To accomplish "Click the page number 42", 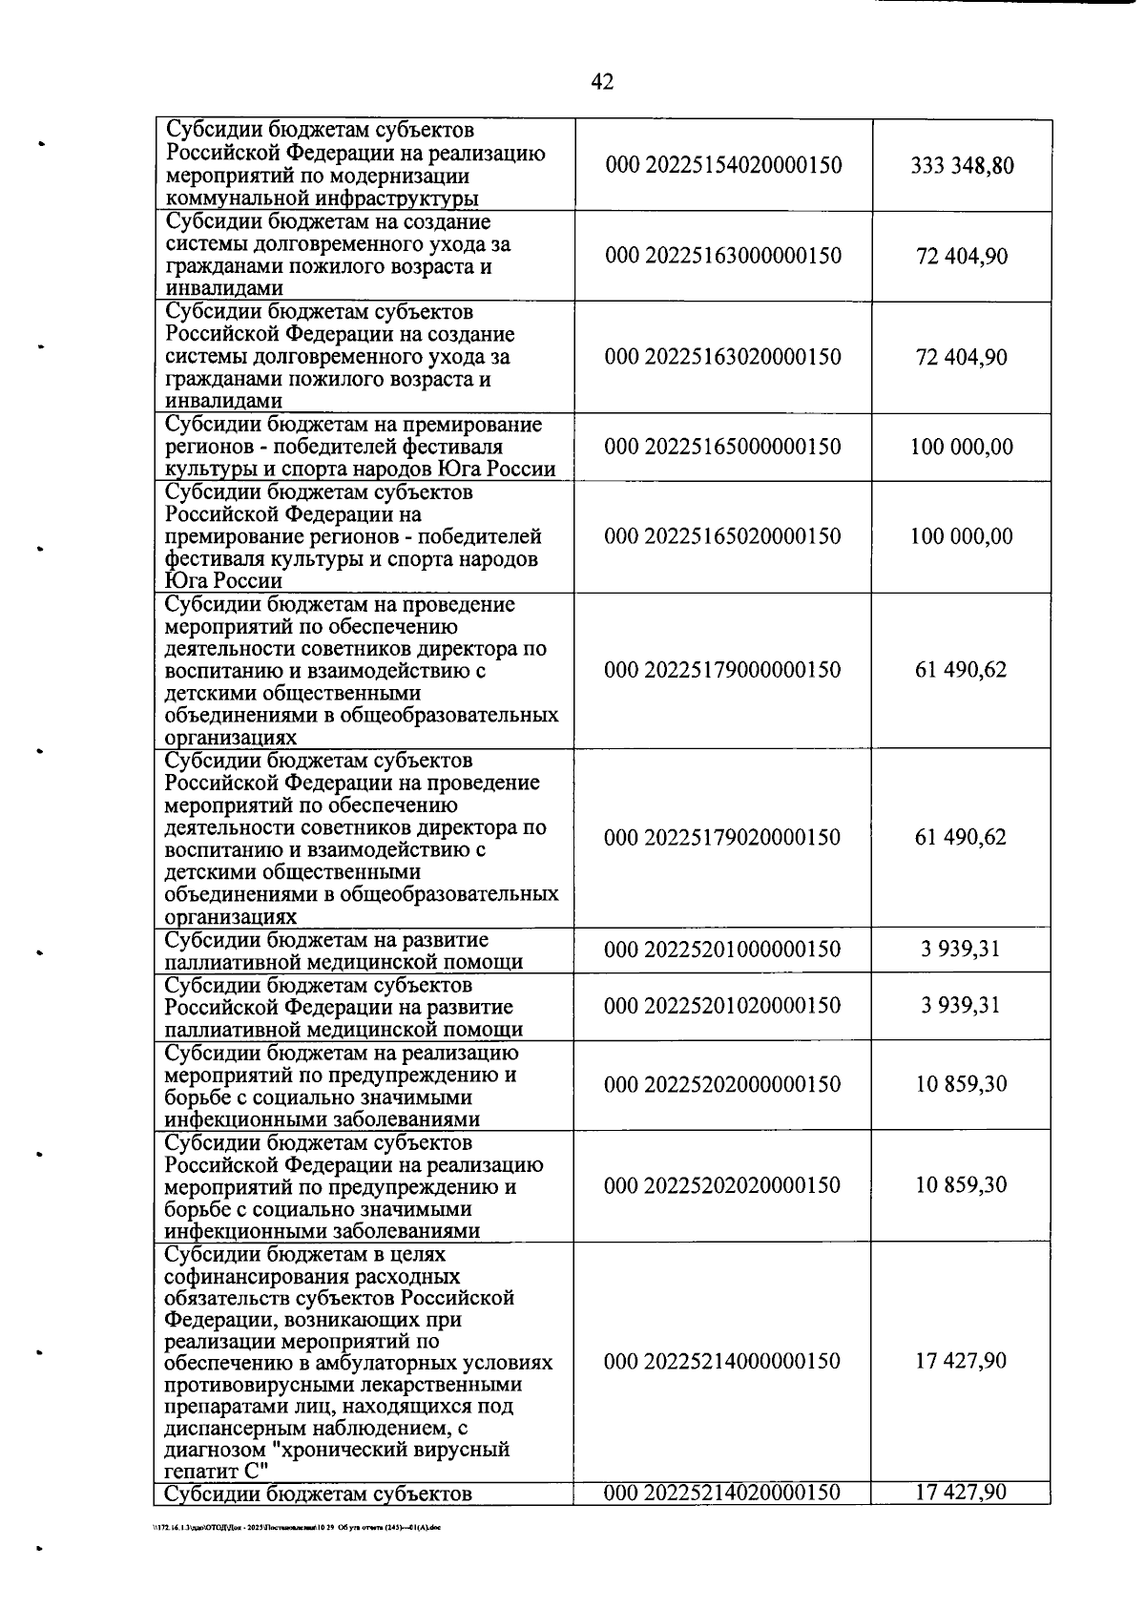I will (602, 82).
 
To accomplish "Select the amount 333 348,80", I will (962, 166).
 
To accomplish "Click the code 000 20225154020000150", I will (723, 166).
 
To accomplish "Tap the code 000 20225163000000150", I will (723, 257).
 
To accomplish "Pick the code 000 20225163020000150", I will (723, 357).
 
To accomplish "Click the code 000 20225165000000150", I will (723, 447).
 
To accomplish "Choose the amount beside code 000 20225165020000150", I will (962, 536).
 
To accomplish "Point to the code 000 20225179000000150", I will (723, 670).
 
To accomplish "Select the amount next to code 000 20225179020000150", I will (962, 838).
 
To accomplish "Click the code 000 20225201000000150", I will (723, 950).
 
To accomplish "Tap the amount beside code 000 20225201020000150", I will (962, 1006).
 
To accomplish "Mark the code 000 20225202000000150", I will (723, 1085).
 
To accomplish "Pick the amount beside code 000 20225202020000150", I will (962, 1185).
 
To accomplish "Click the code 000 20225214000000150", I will (723, 1361).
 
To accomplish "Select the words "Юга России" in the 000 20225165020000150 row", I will (223, 581).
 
